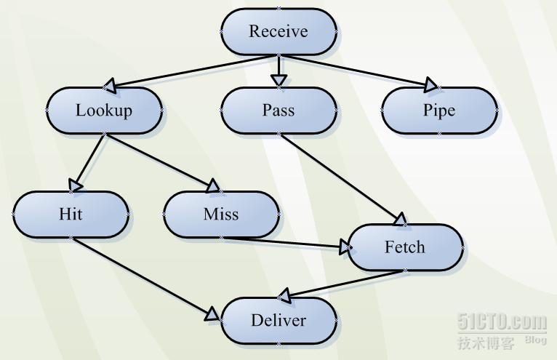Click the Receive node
coord(278,31)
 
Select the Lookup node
coord(104,111)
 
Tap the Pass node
coord(278,111)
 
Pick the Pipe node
coord(439,111)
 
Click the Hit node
coord(71,215)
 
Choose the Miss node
coord(221,215)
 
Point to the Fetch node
coord(405,247)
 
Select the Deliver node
coord(278,321)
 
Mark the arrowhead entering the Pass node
coord(278,79)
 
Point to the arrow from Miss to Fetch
coord(291,242)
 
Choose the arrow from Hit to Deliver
coord(145,277)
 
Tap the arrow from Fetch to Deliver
coord(342,284)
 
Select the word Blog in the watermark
coord(535,340)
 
